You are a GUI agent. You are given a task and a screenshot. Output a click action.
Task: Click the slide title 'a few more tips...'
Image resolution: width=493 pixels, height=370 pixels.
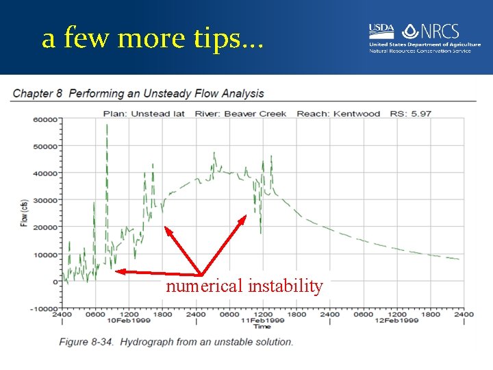(x=151, y=38)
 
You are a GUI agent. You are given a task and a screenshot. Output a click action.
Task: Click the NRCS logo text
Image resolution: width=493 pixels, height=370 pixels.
(x=438, y=32)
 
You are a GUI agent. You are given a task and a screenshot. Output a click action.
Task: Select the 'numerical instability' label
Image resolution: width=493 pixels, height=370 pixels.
(x=244, y=286)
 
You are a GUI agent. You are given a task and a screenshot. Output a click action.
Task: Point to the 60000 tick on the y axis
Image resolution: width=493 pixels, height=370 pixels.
(x=45, y=119)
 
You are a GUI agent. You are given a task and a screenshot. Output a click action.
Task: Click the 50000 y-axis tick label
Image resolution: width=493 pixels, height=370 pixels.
(x=45, y=146)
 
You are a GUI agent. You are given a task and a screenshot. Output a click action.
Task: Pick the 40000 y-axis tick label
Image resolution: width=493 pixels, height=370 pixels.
(x=45, y=173)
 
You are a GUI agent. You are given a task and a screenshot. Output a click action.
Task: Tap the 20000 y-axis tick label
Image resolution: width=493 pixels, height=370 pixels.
(x=45, y=227)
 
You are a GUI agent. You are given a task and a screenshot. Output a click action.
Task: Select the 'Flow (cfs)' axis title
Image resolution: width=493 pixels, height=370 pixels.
(x=24, y=213)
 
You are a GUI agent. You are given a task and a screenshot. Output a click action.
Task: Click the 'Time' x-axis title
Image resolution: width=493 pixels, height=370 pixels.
(x=262, y=327)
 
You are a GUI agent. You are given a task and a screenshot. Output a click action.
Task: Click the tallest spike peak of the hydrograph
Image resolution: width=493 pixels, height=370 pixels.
(x=107, y=125)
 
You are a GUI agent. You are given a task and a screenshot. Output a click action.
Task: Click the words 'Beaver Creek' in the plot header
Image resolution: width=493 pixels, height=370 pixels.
(x=255, y=113)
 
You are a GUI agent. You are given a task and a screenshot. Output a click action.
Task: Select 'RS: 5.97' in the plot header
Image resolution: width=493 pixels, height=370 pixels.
(x=411, y=113)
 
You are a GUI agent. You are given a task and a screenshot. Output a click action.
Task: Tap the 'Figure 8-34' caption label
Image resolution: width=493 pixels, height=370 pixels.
(x=86, y=342)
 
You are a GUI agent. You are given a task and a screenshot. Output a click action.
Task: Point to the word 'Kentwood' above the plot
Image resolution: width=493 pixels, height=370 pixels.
(x=356, y=113)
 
